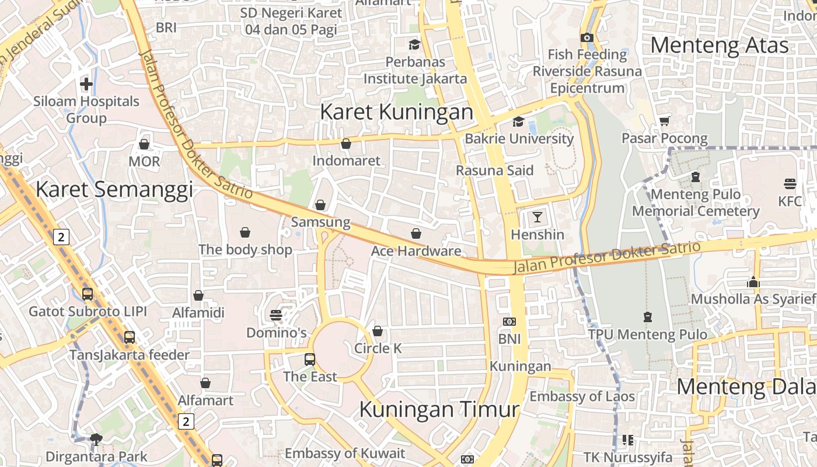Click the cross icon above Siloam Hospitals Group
coord(86,84)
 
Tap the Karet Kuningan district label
coord(396,111)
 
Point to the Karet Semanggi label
coord(114,189)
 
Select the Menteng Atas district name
coord(719,45)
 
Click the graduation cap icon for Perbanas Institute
coord(414,45)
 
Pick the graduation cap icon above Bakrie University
coord(518,122)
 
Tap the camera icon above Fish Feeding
coord(587,38)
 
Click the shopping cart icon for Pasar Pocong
coord(664,121)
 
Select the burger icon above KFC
coord(790,184)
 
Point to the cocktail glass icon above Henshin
coord(537,218)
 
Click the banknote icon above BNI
coord(509,322)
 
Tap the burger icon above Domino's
coord(276,316)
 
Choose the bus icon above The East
coord(310,360)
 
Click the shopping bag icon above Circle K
coord(378,332)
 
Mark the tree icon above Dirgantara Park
coord(96,439)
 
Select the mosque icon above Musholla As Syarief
coord(753,282)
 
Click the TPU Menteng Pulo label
coord(647,334)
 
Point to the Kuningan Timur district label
coord(439,409)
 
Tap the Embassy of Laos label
coord(582,396)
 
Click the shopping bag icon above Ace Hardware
coord(416,234)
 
